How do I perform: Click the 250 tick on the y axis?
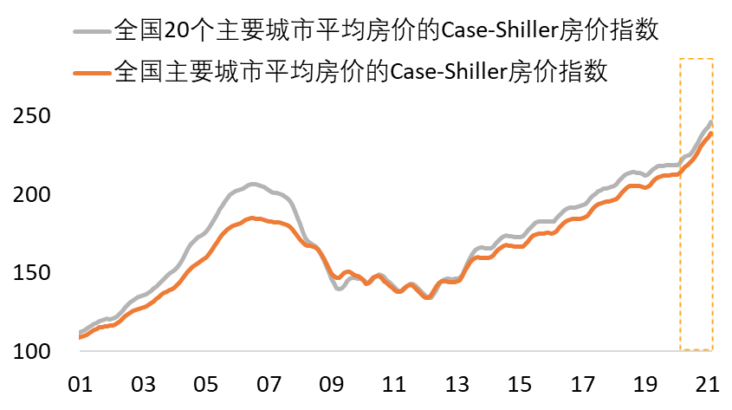click(30, 116)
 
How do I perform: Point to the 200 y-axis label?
click(30, 194)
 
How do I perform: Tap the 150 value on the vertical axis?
click(30, 273)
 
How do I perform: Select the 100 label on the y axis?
click(30, 351)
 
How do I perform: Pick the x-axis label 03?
click(143, 384)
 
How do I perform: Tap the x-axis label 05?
click(206, 384)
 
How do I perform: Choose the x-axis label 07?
click(269, 384)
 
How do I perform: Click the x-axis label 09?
click(332, 384)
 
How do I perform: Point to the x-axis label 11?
click(395, 384)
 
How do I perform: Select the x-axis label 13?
click(457, 384)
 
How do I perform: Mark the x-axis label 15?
click(521, 384)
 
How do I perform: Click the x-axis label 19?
click(646, 384)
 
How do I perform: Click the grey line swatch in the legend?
click(91, 33)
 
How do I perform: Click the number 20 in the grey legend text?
click(175, 33)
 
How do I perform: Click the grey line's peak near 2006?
click(251, 185)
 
